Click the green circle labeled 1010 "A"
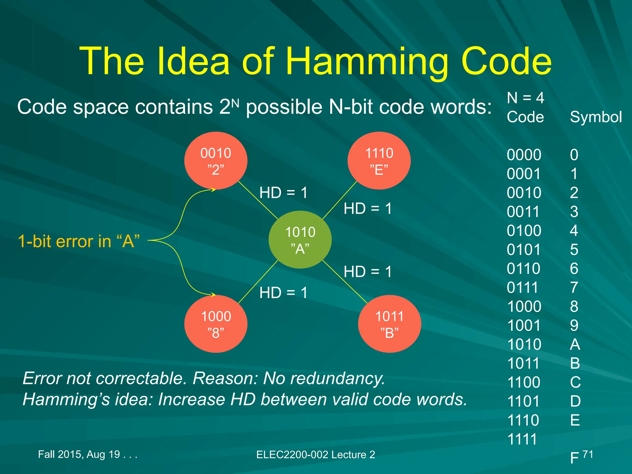click(x=300, y=240)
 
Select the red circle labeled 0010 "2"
click(x=216, y=161)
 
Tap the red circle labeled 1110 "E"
click(x=379, y=161)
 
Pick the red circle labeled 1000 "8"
click(x=216, y=324)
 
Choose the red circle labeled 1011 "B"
click(x=389, y=324)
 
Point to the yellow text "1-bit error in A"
click(x=79, y=241)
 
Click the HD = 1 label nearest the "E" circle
click(x=368, y=209)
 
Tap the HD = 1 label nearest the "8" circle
click(x=283, y=293)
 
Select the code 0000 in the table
click(x=524, y=155)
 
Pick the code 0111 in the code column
click(x=522, y=288)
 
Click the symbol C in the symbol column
click(x=575, y=382)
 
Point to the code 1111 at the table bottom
click(x=522, y=439)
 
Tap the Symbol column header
click(x=596, y=117)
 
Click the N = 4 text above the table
click(x=525, y=98)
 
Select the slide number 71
click(x=588, y=454)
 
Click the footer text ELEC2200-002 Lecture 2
click(x=315, y=455)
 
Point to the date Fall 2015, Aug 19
click(x=87, y=454)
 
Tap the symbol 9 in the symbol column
click(x=574, y=326)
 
